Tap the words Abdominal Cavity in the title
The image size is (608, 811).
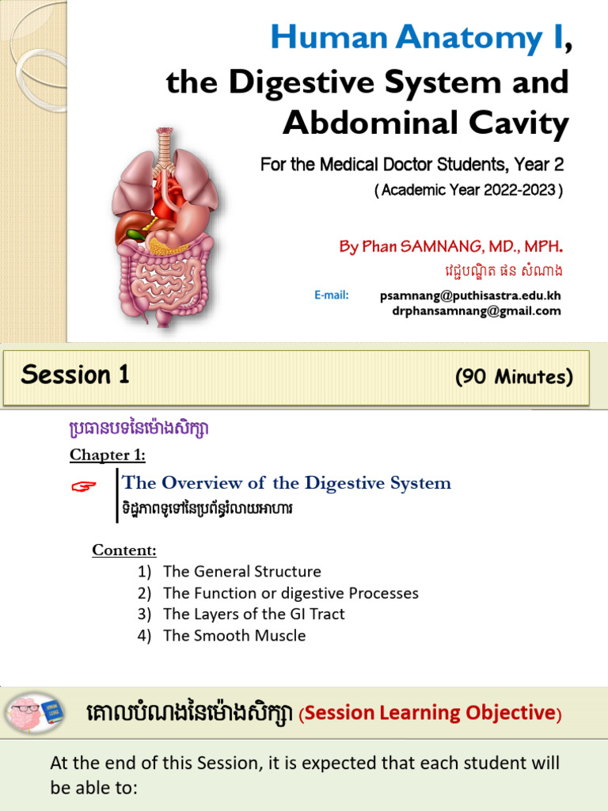tap(425, 123)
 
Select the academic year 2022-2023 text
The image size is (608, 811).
tap(469, 191)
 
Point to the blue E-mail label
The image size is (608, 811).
tap(331, 295)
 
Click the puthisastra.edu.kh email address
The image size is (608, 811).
tap(470, 295)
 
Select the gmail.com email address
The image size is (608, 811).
tap(476, 310)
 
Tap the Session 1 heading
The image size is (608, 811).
tap(75, 375)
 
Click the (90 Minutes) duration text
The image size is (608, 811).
tap(513, 377)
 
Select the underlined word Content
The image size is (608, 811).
tap(124, 550)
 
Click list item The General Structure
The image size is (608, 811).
tap(241, 571)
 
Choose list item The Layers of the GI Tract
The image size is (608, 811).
tap(253, 614)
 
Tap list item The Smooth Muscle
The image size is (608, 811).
tap(234, 635)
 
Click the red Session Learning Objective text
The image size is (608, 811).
tap(431, 713)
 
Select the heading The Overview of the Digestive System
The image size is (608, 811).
tap(287, 482)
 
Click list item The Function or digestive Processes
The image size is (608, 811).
tap(291, 592)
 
